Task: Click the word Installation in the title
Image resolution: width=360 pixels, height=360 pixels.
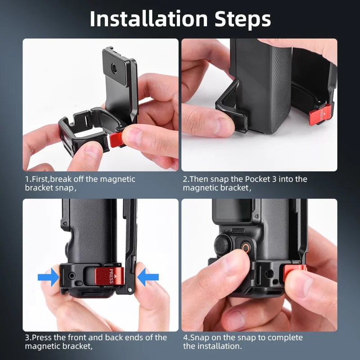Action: click(x=148, y=19)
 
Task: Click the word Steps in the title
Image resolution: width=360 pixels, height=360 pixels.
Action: click(x=243, y=19)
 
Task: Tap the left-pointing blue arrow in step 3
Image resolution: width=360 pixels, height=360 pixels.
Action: click(x=148, y=277)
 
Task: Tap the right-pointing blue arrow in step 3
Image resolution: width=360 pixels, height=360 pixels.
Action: click(x=49, y=277)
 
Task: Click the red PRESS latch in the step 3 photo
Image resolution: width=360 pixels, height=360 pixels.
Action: click(x=109, y=276)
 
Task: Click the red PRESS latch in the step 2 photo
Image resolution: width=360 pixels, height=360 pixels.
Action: click(x=320, y=115)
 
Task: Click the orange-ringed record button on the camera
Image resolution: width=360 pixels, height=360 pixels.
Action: click(x=246, y=248)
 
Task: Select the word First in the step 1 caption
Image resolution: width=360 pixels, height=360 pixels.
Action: click(x=40, y=179)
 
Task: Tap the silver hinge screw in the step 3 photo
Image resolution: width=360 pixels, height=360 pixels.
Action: click(x=130, y=290)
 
